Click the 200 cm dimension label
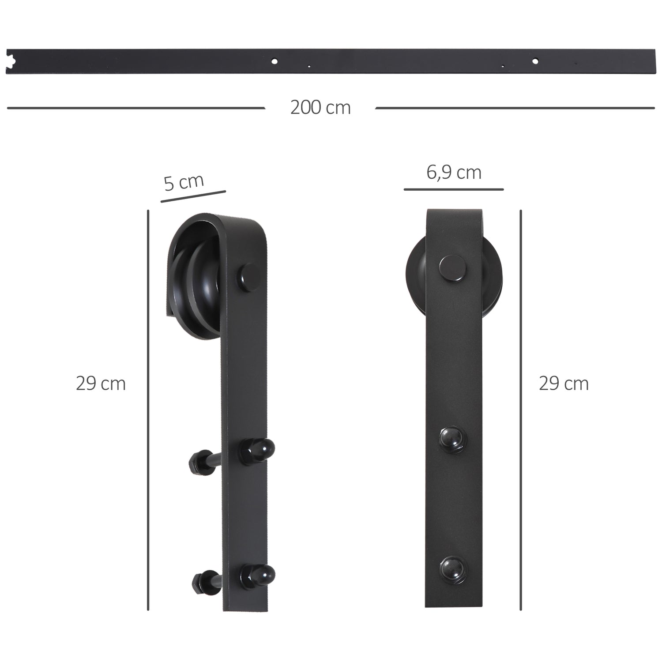click(320, 108)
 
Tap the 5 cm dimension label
click(184, 181)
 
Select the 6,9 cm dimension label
click(454, 172)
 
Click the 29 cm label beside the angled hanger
click(101, 384)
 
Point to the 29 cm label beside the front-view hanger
click(564, 384)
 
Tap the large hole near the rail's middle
click(275, 61)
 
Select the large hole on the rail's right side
click(535, 61)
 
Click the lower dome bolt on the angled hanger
click(258, 575)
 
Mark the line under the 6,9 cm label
click(453, 190)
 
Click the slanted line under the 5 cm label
click(193, 197)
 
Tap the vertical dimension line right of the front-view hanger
click(521, 410)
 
